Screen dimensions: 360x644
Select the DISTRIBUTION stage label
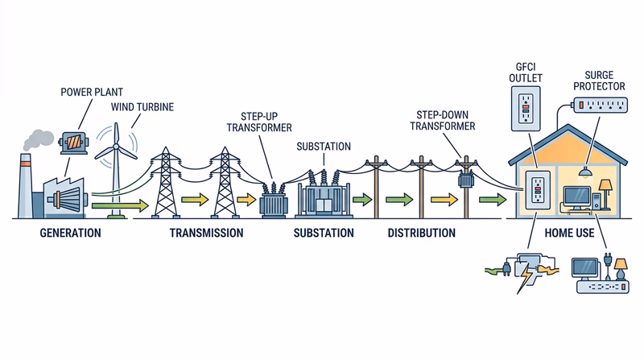tap(421, 234)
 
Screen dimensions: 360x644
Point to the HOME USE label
tap(571, 234)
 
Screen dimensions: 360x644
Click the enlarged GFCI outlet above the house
tap(524, 106)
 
